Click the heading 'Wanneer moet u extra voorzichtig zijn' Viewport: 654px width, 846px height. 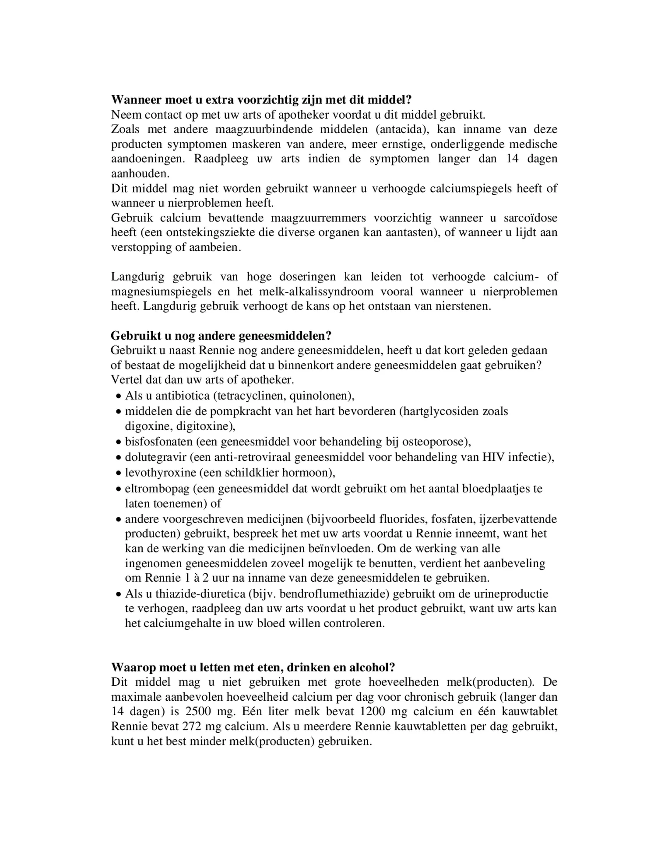[261, 100]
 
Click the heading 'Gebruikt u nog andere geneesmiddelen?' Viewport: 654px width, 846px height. [221, 336]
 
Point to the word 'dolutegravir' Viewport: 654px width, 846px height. [155, 457]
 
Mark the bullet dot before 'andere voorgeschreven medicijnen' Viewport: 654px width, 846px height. [118, 520]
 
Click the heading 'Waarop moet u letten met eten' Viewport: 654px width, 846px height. [253, 667]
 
